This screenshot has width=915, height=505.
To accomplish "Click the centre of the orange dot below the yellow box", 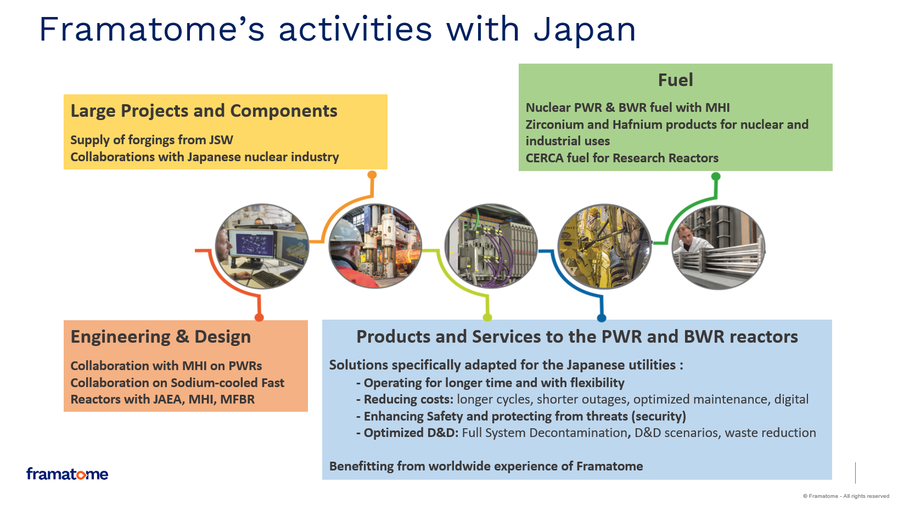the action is [x=372, y=174].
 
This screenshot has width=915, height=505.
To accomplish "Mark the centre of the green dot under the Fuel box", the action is [x=716, y=176].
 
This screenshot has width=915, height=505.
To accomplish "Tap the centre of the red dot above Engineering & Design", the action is [x=259, y=317].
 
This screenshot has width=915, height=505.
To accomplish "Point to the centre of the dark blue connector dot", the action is [x=601, y=318].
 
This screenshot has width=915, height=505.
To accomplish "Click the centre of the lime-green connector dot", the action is [x=487, y=317].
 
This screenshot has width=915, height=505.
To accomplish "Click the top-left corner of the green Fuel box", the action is [x=519, y=64].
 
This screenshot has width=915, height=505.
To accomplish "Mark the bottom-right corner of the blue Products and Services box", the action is [x=832, y=479].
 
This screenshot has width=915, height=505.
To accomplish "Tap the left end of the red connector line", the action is [x=195, y=251].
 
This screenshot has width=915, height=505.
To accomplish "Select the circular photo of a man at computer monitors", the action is [x=262, y=246].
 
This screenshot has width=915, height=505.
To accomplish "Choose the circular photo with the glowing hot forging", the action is [x=375, y=246].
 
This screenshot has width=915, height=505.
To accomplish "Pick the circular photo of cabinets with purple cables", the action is [x=491, y=246].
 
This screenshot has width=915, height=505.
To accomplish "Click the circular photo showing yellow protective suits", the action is [x=604, y=246].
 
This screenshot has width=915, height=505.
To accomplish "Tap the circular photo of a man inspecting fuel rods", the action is [x=718, y=247].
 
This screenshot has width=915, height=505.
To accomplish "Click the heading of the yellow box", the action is [x=204, y=111].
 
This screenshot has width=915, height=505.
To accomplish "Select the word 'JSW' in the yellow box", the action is [x=221, y=140].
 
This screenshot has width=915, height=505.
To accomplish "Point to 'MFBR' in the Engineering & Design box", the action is [x=237, y=399].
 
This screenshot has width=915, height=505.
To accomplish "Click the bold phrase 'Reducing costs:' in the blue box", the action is [x=408, y=399].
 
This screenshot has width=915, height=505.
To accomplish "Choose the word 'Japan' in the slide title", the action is [x=585, y=30].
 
